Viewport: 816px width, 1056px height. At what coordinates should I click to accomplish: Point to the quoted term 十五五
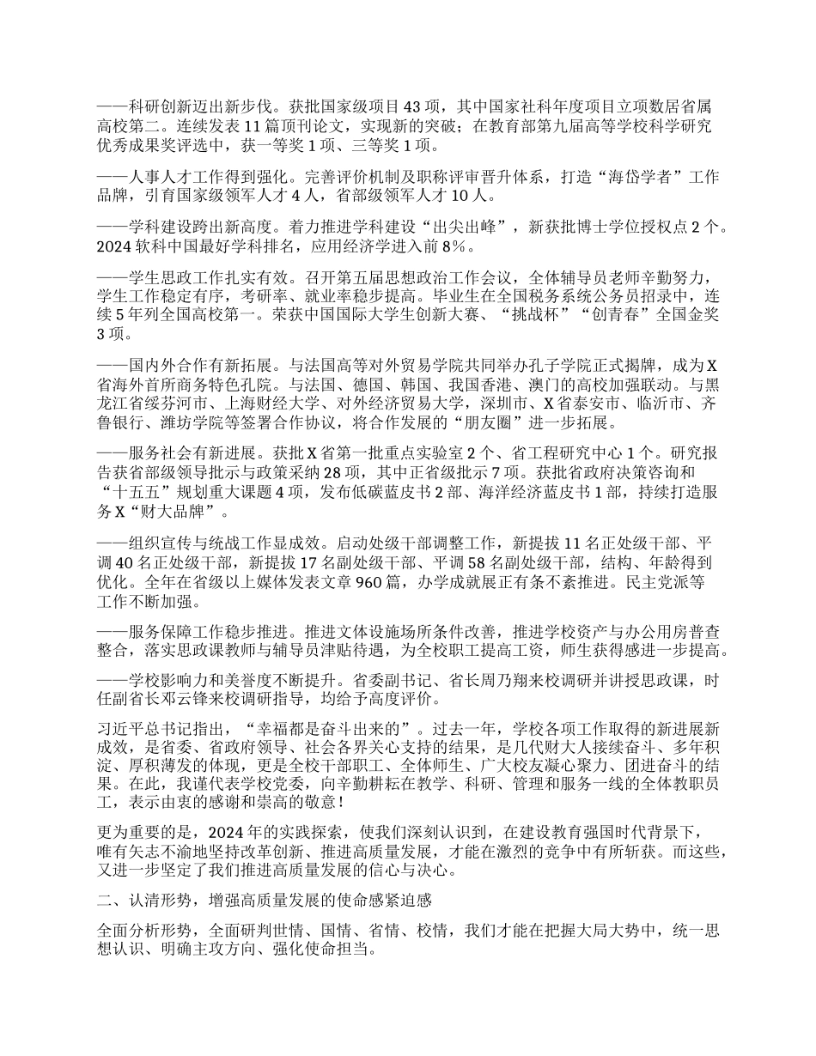[x=131, y=491]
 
